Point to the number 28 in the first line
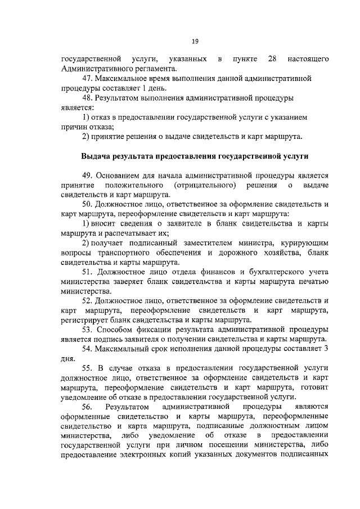click(x=272, y=59)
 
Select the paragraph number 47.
click(x=88, y=79)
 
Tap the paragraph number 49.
click(x=88, y=174)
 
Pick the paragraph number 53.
click(x=88, y=329)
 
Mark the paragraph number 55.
click(x=89, y=367)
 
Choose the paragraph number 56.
click(x=89, y=406)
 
